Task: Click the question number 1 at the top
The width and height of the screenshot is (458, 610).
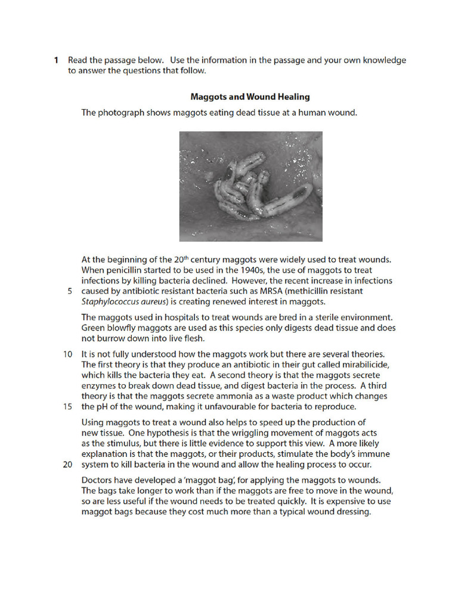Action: tap(55, 60)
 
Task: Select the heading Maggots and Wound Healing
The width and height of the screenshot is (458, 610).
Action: tap(250, 97)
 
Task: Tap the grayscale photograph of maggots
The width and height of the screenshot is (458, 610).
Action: tap(250, 186)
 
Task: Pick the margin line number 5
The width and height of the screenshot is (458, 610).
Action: tap(69, 291)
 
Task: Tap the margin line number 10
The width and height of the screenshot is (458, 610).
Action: tap(67, 354)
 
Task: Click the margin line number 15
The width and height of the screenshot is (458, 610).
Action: tap(67, 407)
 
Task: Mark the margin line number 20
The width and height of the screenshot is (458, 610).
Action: tap(67, 465)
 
